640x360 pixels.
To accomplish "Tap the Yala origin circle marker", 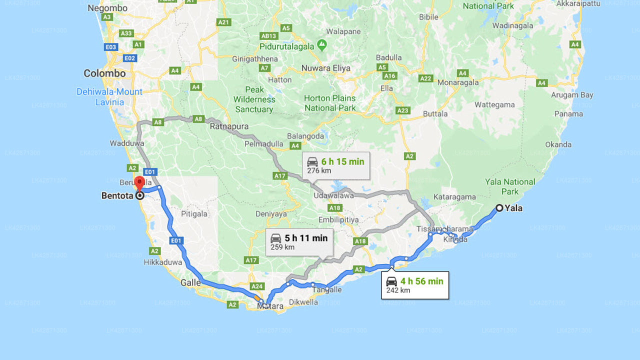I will pyautogui.click(x=499, y=208).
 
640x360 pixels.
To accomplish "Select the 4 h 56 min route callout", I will pyautogui.click(x=414, y=285).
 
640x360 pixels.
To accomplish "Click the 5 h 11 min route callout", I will pyautogui.click(x=299, y=241).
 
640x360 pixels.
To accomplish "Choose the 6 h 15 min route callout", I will pyautogui.click(x=335, y=165).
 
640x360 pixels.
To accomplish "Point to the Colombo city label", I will pyautogui.click(x=104, y=73).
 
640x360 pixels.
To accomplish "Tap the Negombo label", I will pyautogui.click(x=107, y=8).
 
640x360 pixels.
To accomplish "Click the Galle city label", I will pyautogui.click(x=190, y=282).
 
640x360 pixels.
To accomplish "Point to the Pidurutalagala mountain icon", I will pyautogui.click(x=322, y=46).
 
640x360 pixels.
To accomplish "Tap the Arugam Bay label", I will pyautogui.click(x=572, y=95).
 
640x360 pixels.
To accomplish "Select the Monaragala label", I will pyautogui.click(x=458, y=83).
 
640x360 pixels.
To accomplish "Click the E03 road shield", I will pyautogui.click(x=111, y=47).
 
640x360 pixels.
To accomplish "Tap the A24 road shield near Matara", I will pyautogui.click(x=257, y=286).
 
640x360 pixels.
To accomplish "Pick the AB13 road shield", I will pyautogui.click(x=268, y=36).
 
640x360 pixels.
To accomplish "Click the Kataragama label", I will pyautogui.click(x=455, y=197).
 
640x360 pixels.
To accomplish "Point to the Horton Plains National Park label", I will pyautogui.click(x=330, y=103).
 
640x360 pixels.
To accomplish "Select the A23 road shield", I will pyautogui.click(x=402, y=110).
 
